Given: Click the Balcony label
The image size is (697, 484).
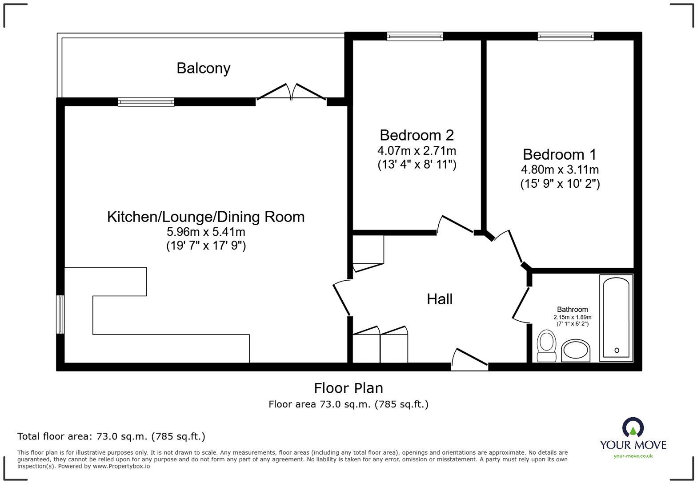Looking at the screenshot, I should pos(203,68).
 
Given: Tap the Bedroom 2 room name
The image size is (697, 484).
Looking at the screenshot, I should pos(417,135).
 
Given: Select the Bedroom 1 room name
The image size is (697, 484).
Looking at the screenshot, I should pos(560,154).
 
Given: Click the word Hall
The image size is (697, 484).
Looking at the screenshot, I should pos(440,299).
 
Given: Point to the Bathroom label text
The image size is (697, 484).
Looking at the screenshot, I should pos(572,309).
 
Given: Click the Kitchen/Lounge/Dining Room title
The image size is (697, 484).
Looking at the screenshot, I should pos(206,217).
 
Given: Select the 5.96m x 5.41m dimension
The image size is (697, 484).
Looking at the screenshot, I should pos(206,232).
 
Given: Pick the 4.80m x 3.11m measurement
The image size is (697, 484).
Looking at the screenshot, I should pos(560,169).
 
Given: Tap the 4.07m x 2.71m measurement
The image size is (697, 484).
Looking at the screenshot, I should pos(417,150).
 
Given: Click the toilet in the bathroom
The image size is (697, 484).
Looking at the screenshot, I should pos(546,346).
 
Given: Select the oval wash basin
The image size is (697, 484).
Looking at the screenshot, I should pos(576,351).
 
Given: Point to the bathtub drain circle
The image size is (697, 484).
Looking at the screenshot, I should pos(617,351).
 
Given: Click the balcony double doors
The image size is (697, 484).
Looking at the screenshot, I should pos(291,93).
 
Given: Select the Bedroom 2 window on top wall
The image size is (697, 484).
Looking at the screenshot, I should pos(415,36).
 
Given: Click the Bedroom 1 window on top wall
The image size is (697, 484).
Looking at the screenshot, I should pos(565,36).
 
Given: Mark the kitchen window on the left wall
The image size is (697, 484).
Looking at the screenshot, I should pos(60,314).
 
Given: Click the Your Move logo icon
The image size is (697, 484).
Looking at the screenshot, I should pos(633,428).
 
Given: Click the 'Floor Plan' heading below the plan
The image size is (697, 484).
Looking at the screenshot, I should pos(348,388).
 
